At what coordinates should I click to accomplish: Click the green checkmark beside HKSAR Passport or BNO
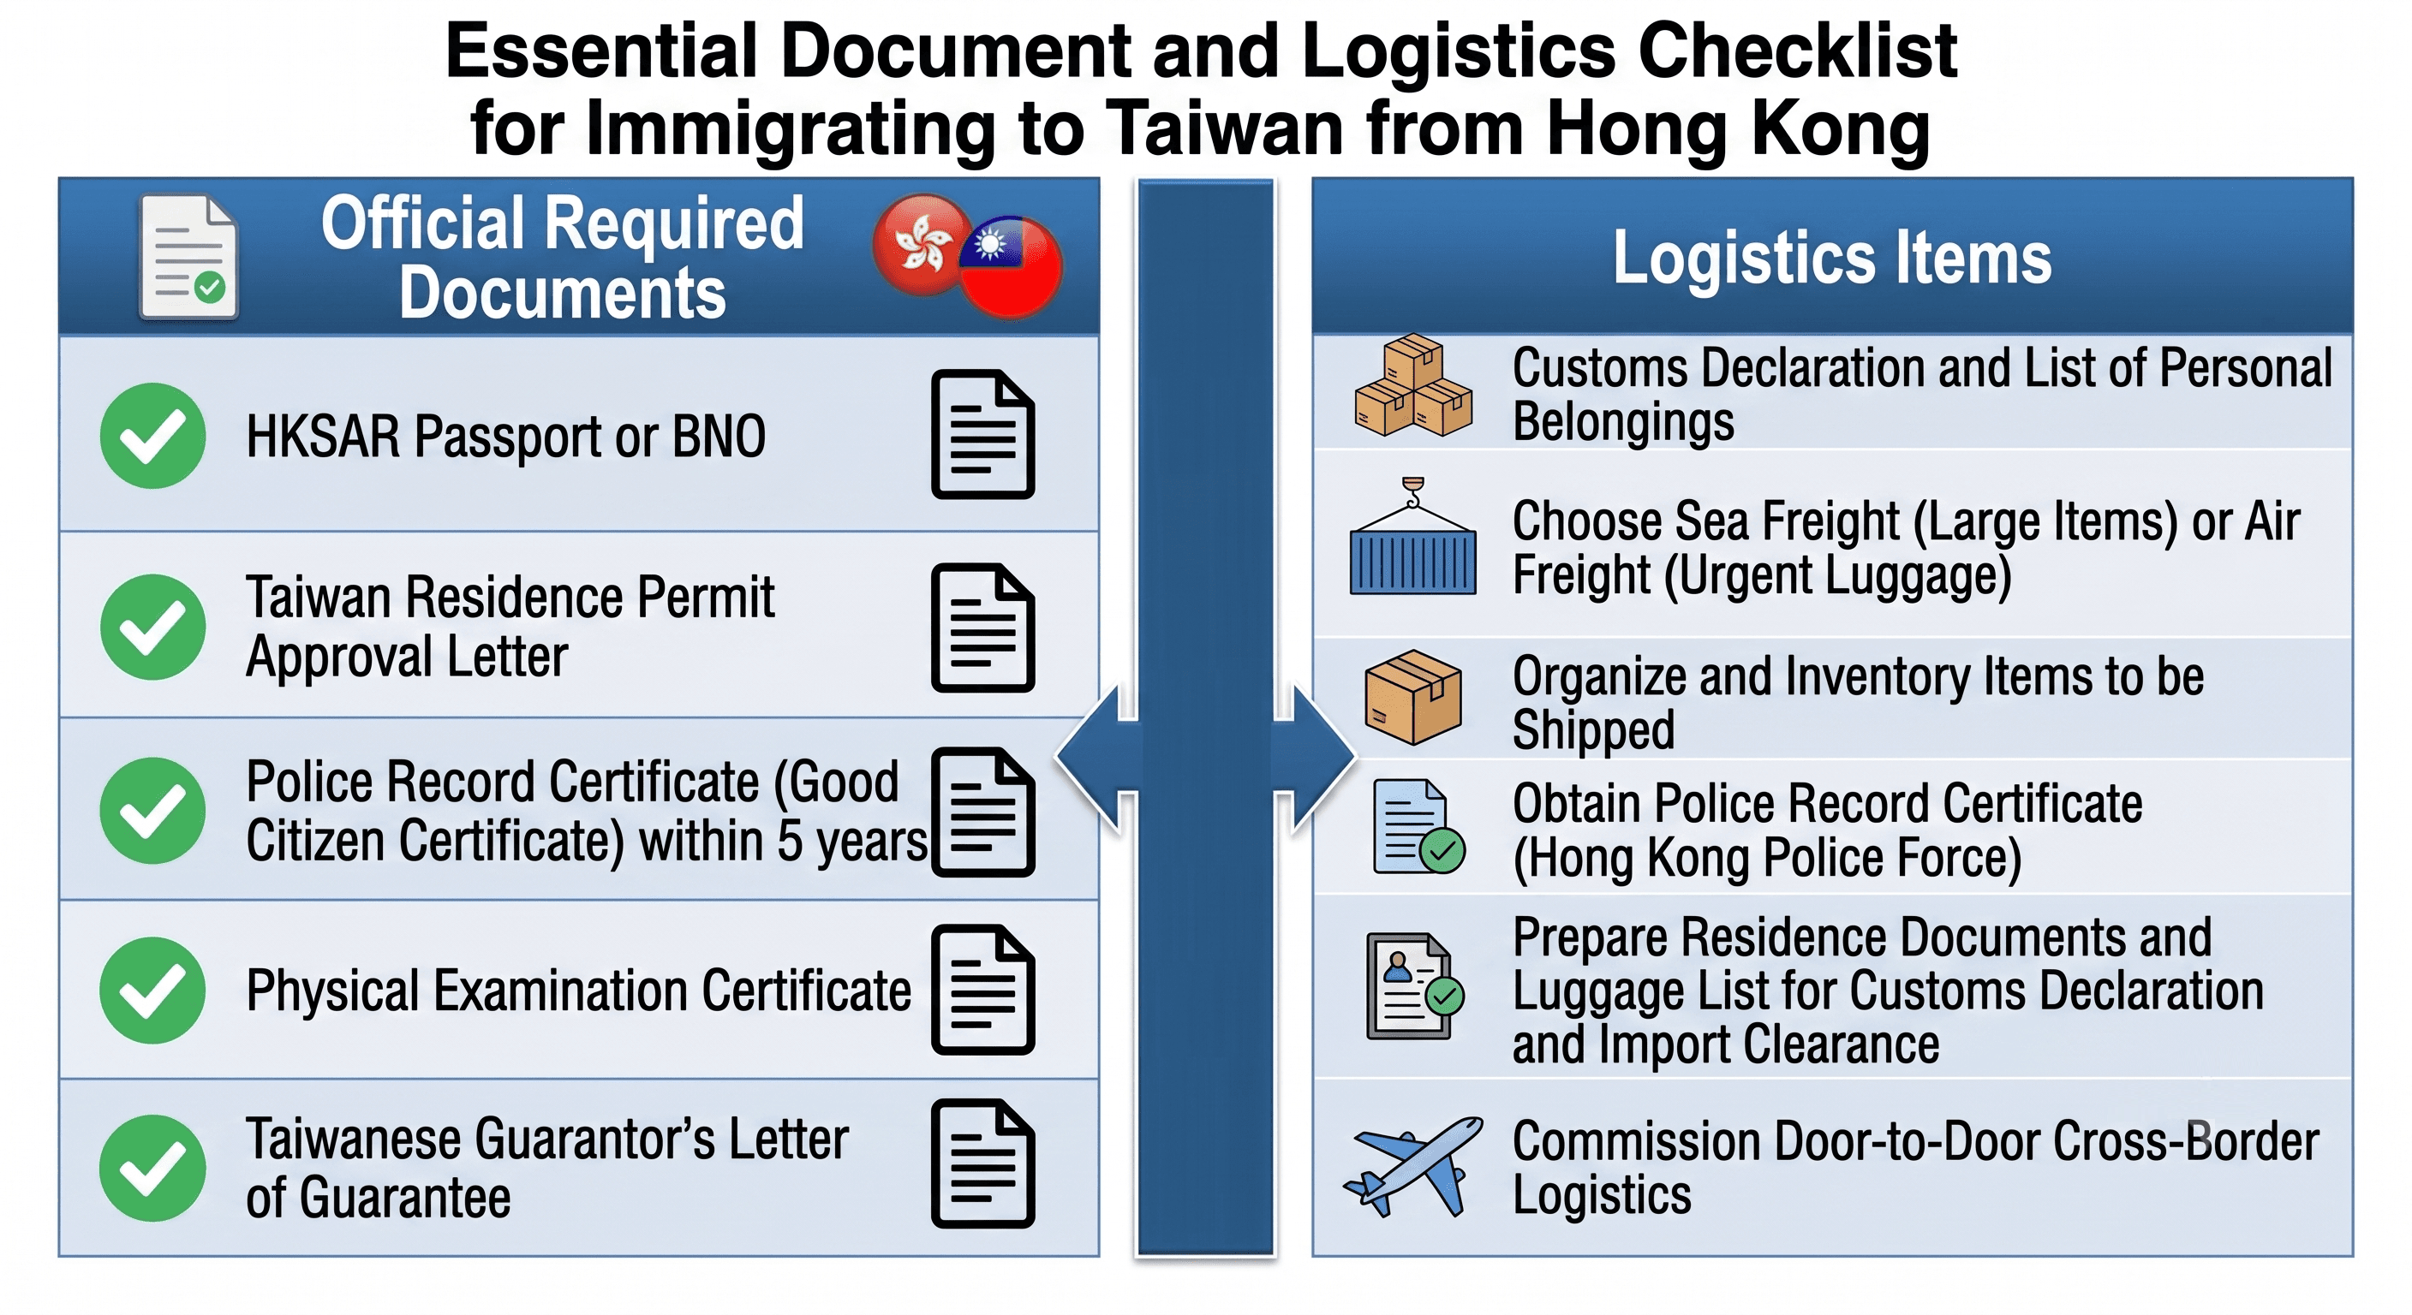coord(152,435)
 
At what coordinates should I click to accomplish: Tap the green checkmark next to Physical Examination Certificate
coord(152,991)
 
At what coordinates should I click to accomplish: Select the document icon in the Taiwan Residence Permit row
coord(983,628)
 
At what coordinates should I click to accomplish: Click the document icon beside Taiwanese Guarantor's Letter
coord(983,1163)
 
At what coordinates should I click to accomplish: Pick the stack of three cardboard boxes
coord(1413,384)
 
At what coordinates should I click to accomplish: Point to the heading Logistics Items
coord(1831,258)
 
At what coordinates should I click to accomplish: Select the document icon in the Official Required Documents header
coord(188,257)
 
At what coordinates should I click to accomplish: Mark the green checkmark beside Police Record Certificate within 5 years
coord(152,811)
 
